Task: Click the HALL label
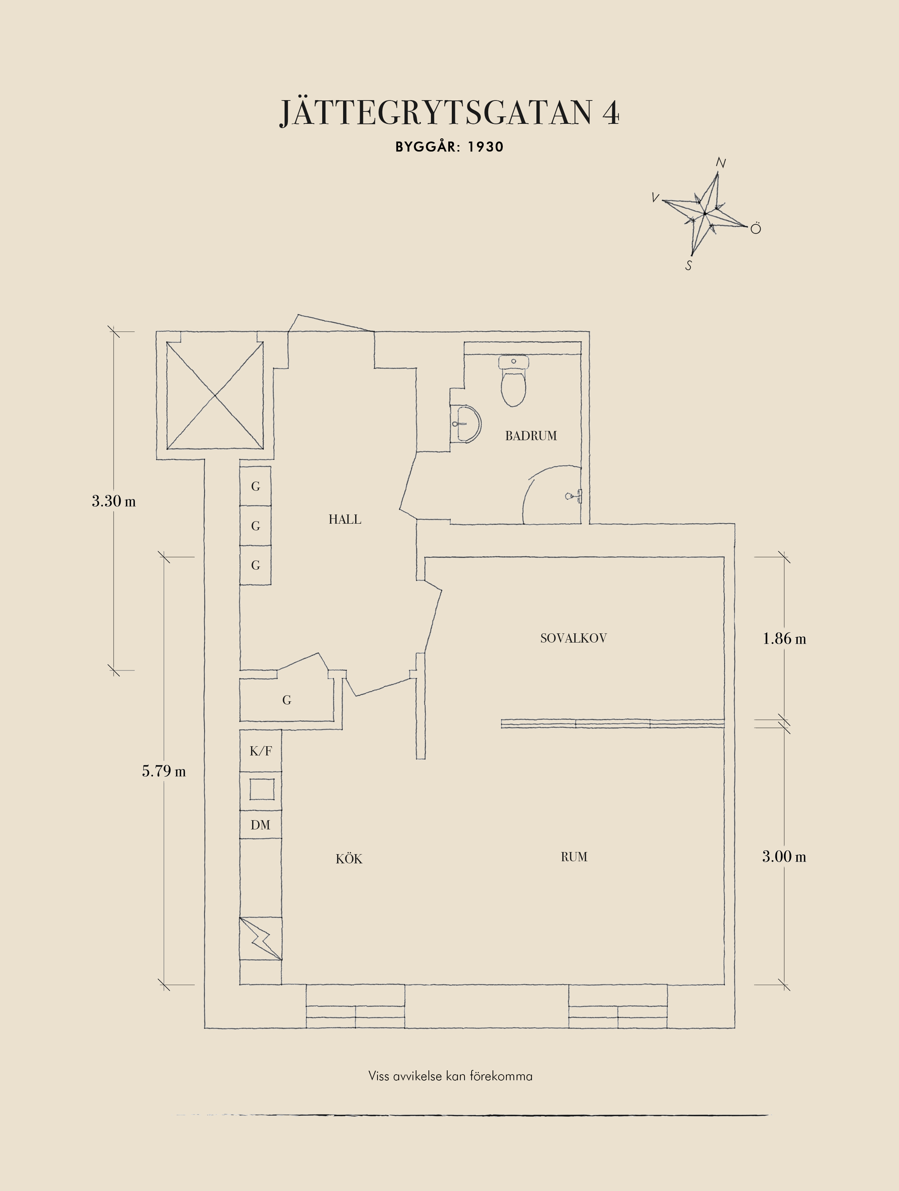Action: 345,519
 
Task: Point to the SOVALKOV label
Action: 573,638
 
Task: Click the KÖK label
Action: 349,858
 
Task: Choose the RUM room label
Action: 574,857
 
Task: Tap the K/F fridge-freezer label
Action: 261,750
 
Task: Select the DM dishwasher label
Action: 260,825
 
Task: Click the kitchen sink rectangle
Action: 262,789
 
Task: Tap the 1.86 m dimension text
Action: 784,639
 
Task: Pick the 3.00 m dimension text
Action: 784,856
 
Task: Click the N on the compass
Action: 721,163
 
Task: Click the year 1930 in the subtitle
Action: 485,147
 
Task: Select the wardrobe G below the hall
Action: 286,700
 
